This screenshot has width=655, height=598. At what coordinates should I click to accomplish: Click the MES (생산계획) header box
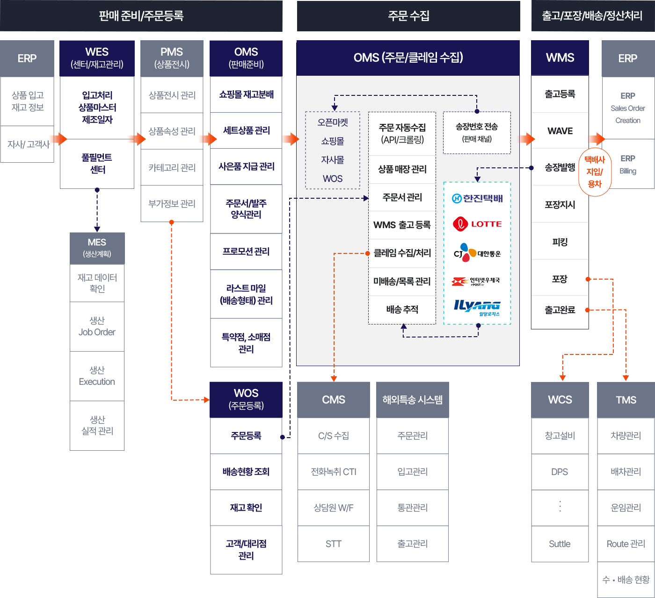[x=97, y=248]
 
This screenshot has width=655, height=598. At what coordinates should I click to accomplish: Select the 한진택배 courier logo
[x=477, y=198]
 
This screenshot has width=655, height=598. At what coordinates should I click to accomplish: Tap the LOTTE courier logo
[x=477, y=224]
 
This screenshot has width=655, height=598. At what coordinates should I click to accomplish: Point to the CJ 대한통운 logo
[x=477, y=253]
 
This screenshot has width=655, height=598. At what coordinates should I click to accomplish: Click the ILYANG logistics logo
[x=477, y=307]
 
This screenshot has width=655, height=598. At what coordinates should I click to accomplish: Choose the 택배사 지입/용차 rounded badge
[x=595, y=172]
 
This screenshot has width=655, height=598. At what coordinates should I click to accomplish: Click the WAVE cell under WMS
[x=560, y=131]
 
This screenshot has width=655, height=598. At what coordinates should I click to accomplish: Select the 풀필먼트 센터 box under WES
[x=97, y=164]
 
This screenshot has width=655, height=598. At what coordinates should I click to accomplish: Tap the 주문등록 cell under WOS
[x=246, y=436]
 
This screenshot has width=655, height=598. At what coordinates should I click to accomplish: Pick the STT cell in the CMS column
[x=334, y=544]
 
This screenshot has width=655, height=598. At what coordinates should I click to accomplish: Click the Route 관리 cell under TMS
[x=626, y=544]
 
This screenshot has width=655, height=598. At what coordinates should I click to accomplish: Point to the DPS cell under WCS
[x=560, y=472]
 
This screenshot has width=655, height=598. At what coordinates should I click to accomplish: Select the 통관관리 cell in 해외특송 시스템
[x=412, y=508]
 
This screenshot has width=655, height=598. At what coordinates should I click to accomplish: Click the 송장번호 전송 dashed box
[x=477, y=132]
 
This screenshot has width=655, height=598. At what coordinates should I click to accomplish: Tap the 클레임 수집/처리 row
[x=402, y=253]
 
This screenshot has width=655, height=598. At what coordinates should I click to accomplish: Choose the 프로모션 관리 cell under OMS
[x=246, y=252]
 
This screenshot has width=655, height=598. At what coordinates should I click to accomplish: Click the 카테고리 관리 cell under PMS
[x=172, y=167]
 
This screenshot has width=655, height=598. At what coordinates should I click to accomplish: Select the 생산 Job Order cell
[x=97, y=326]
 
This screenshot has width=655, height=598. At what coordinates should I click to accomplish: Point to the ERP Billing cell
[x=628, y=164]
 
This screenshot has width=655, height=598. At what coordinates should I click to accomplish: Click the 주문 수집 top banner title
[x=408, y=16]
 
